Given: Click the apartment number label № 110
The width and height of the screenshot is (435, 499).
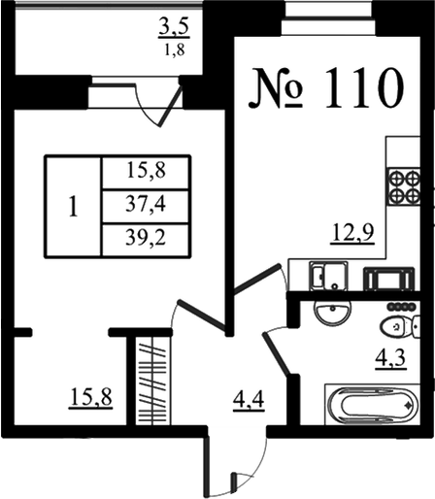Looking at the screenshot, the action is tap(326, 88).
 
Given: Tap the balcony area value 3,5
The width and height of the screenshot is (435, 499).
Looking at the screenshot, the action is tap(174, 28).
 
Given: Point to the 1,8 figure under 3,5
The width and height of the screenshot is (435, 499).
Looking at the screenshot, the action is tap(175, 50).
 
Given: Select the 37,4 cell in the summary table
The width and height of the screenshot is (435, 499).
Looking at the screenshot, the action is tap(146, 205).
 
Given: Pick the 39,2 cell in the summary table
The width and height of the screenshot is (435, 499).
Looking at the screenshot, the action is tap(146, 239).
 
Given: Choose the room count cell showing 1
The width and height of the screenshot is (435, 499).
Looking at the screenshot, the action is tap(74, 207).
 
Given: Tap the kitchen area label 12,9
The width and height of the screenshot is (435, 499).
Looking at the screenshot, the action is tap(352, 233).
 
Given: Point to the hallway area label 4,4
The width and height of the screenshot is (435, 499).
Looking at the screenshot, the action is tap(249, 401).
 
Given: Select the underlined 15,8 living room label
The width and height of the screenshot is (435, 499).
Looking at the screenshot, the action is tap(91, 397).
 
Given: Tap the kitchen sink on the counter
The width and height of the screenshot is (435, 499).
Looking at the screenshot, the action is tap(329, 276).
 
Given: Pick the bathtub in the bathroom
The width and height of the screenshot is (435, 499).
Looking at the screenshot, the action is tap(373, 404).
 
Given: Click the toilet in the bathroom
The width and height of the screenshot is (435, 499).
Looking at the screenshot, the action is tap(401, 326).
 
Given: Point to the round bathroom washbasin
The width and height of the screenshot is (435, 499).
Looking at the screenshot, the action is tap(332, 312).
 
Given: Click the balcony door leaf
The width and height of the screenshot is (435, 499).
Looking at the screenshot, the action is tap(170, 105).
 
